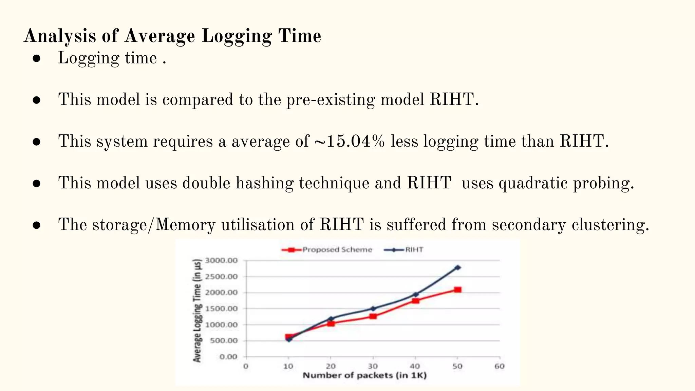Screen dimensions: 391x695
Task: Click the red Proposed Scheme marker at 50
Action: tap(457, 290)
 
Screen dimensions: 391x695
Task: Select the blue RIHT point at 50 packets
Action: tap(457, 267)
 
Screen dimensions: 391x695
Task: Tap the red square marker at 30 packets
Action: tap(373, 316)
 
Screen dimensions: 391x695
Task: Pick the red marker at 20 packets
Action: tap(331, 323)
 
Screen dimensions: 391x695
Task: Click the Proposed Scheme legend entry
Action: tap(327, 250)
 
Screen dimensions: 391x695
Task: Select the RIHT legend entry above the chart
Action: tap(404, 250)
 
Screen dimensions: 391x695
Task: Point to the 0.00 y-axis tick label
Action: tap(228, 357)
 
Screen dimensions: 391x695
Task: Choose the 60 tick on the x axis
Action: tap(500, 366)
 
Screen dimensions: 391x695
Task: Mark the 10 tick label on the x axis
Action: tap(288, 366)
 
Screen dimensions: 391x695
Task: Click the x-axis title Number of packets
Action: tap(364, 375)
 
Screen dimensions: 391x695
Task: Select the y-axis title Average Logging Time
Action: tap(197, 310)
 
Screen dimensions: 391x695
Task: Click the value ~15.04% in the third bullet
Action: tap(350, 141)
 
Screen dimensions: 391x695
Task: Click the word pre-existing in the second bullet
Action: tap(331, 100)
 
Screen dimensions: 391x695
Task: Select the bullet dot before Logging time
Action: tap(37, 58)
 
